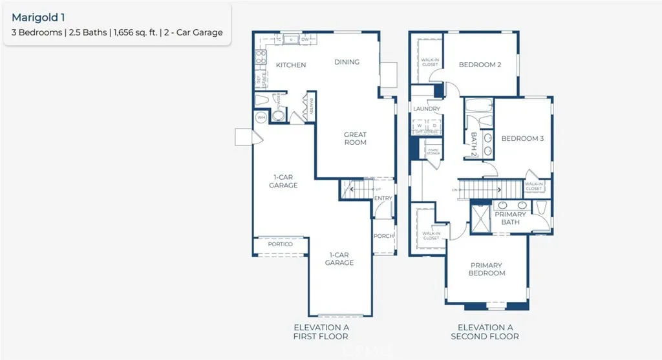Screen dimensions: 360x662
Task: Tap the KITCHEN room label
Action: [x=291, y=65]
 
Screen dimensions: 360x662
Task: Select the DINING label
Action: [x=347, y=62]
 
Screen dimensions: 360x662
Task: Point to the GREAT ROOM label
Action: [x=355, y=138]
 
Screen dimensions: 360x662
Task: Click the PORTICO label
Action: [x=280, y=244]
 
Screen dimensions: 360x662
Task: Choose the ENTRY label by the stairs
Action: [x=383, y=198]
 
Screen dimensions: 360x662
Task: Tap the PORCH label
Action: [x=383, y=236]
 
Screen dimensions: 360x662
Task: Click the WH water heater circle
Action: [x=262, y=118]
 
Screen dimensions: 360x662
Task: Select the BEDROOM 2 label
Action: [x=480, y=65]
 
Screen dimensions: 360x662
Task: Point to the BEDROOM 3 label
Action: [x=522, y=138]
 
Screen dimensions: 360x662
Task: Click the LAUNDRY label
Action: [x=427, y=109]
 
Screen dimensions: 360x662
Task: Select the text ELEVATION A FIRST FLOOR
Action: [x=321, y=332]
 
